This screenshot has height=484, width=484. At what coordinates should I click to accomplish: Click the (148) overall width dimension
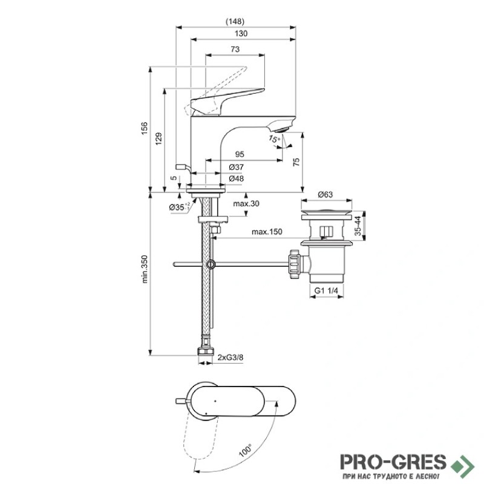pyautogui.click(x=235, y=21)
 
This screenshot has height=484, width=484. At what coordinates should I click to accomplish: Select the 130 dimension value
pyautogui.click(x=241, y=33)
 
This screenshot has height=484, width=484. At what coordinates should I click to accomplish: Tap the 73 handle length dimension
pyautogui.click(x=235, y=49)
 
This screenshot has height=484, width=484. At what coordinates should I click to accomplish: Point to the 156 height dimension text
pyautogui.click(x=144, y=128)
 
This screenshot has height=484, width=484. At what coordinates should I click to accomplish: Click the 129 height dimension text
pyautogui.click(x=159, y=139)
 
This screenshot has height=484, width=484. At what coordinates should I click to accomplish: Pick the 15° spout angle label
pyautogui.click(x=274, y=139)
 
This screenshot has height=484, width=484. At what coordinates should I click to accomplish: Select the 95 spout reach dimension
pyautogui.click(x=240, y=154)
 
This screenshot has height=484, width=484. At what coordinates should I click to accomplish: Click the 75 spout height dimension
pyautogui.click(x=296, y=162)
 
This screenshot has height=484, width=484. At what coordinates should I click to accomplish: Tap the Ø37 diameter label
pyautogui.click(x=237, y=168)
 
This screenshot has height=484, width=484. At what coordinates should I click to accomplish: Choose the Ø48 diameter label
pyautogui.click(x=237, y=178)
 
